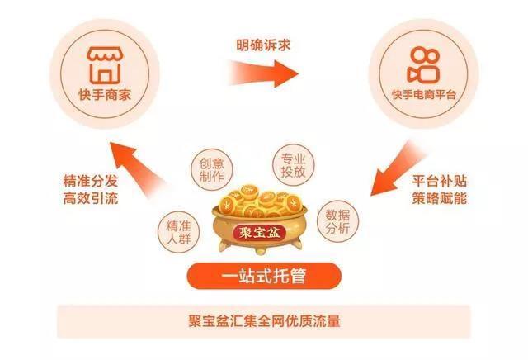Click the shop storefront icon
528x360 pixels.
(x=105, y=65)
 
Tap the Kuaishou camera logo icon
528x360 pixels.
(x=423, y=65)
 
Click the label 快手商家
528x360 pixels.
(x=105, y=95)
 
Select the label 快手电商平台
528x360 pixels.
(x=424, y=95)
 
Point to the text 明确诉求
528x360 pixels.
(x=263, y=45)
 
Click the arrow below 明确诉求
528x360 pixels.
(x=263, y=73)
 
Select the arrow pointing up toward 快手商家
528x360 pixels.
(x=138, y=169)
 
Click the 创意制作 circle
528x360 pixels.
(x=212, y=170)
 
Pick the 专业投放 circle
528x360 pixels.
(x=294, y=165)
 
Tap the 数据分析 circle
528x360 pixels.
(x=337, y=221)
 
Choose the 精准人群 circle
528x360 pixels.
(x=178, y=232)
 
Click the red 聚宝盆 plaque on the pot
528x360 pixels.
(x=260, y=232)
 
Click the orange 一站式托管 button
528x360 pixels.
(x=264, y=276)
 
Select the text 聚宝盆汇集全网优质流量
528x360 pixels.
(x=264, y=321)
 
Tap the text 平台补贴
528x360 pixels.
(x=440, y=182)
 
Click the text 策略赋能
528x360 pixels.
(x=440, y=198)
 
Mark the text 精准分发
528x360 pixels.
(x=91, y=182)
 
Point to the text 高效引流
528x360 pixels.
(x=91, y=198)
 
